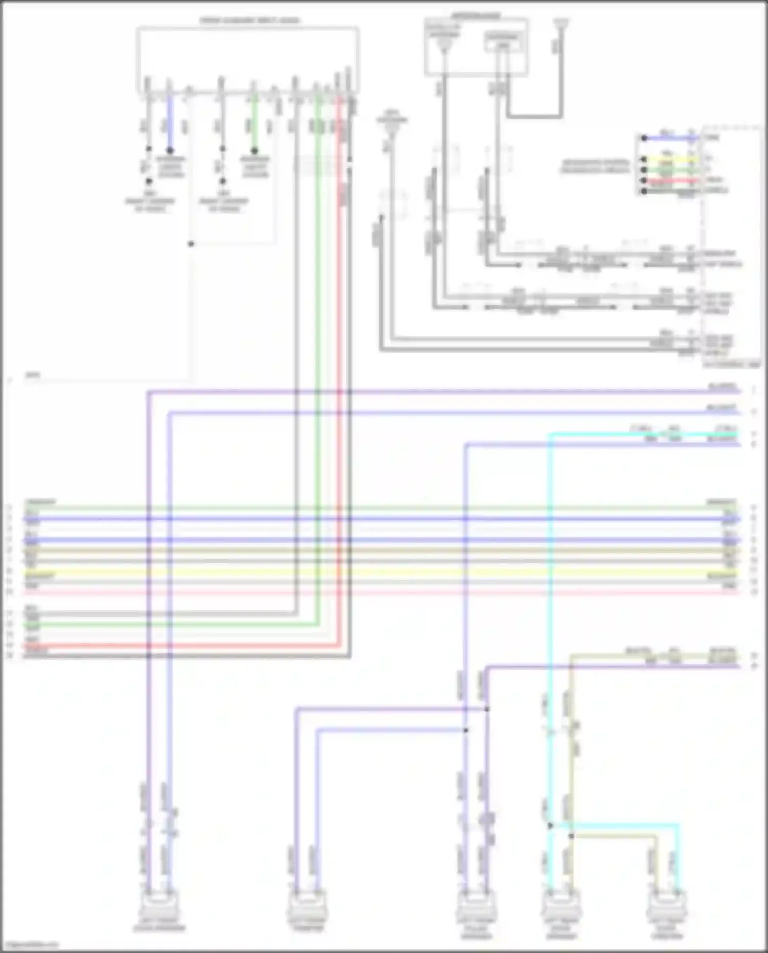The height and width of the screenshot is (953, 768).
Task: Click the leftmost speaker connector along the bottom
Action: coord(159,905)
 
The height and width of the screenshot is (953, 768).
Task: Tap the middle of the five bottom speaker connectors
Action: coord(476,905)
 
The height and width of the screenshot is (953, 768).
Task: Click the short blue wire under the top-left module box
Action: coord(170,123)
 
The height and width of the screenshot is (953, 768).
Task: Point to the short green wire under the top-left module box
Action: coord(253,123)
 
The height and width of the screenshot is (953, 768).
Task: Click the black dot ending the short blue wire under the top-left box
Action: coord(170,151)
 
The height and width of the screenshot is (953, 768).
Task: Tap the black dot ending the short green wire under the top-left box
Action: coord(254,151)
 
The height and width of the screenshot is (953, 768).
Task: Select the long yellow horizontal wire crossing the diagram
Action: coord(379,571)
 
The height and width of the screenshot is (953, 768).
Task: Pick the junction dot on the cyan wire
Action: coord(550,825)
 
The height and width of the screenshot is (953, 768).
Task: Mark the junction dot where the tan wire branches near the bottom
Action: coord(571,836)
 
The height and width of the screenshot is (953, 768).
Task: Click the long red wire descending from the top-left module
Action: coord(338,358)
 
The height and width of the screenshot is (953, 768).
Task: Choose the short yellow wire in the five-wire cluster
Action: coord(671,159)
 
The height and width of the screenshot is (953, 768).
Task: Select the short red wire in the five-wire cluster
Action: coord(671,181)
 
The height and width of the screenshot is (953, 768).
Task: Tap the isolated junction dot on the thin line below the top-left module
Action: coord(191,244)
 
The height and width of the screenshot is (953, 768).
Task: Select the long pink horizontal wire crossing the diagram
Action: coord(379,592)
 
